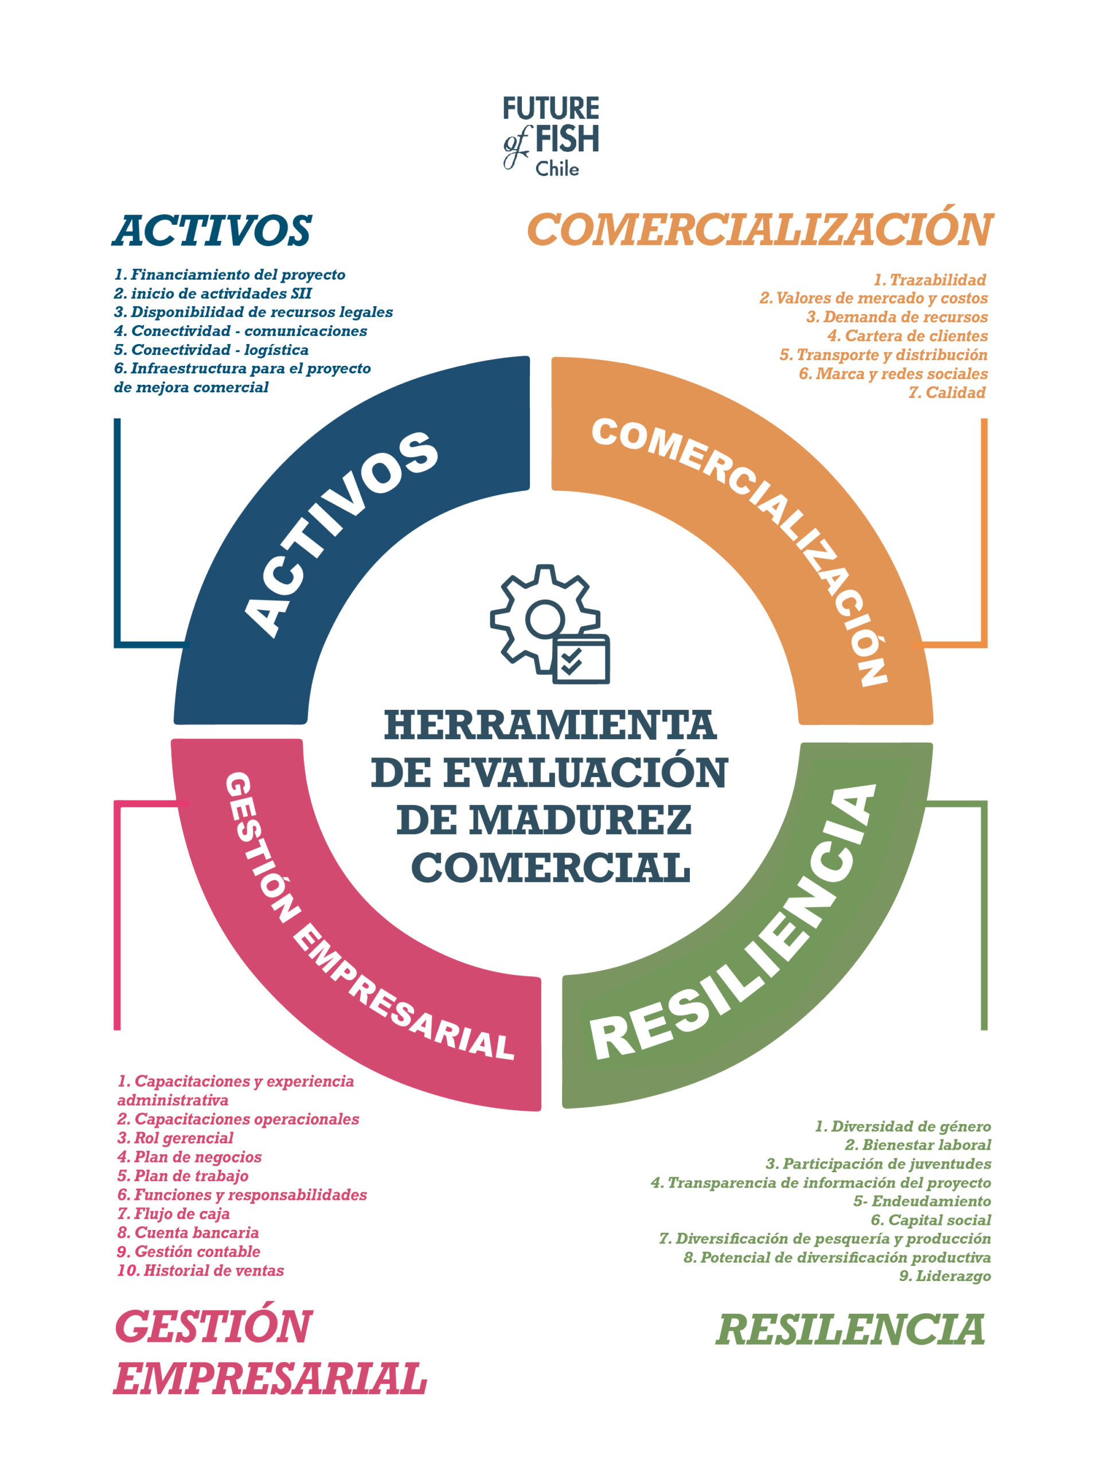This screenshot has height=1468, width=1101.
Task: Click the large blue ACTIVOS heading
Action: click(212, 231)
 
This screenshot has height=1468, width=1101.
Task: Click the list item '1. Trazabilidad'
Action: click(929, 279)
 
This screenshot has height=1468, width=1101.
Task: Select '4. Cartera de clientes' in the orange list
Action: click(907, 336)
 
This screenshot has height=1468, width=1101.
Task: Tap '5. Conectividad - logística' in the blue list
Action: click(211, 350)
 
